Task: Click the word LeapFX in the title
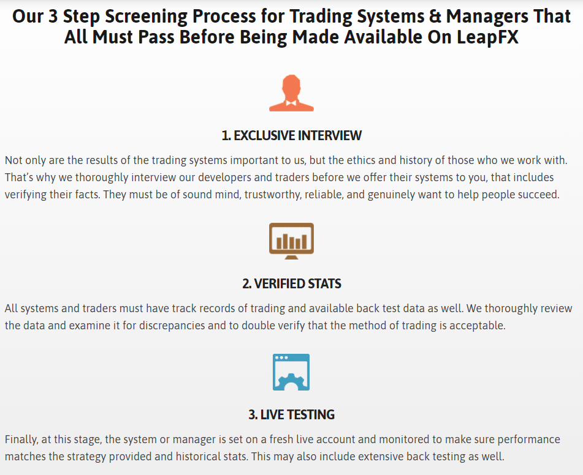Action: point(487,37)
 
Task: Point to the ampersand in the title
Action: point(435,17)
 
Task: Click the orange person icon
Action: point(292,93)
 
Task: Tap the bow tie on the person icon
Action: point(291,103)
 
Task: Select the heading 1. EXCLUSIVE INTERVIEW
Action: point(292,135)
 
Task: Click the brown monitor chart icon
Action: point(292,241)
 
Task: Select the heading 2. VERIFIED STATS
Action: point(292,284)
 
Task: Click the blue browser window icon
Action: point(291,372)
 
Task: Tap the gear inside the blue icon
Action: point(291,382)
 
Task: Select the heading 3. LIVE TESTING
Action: point(292,414)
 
